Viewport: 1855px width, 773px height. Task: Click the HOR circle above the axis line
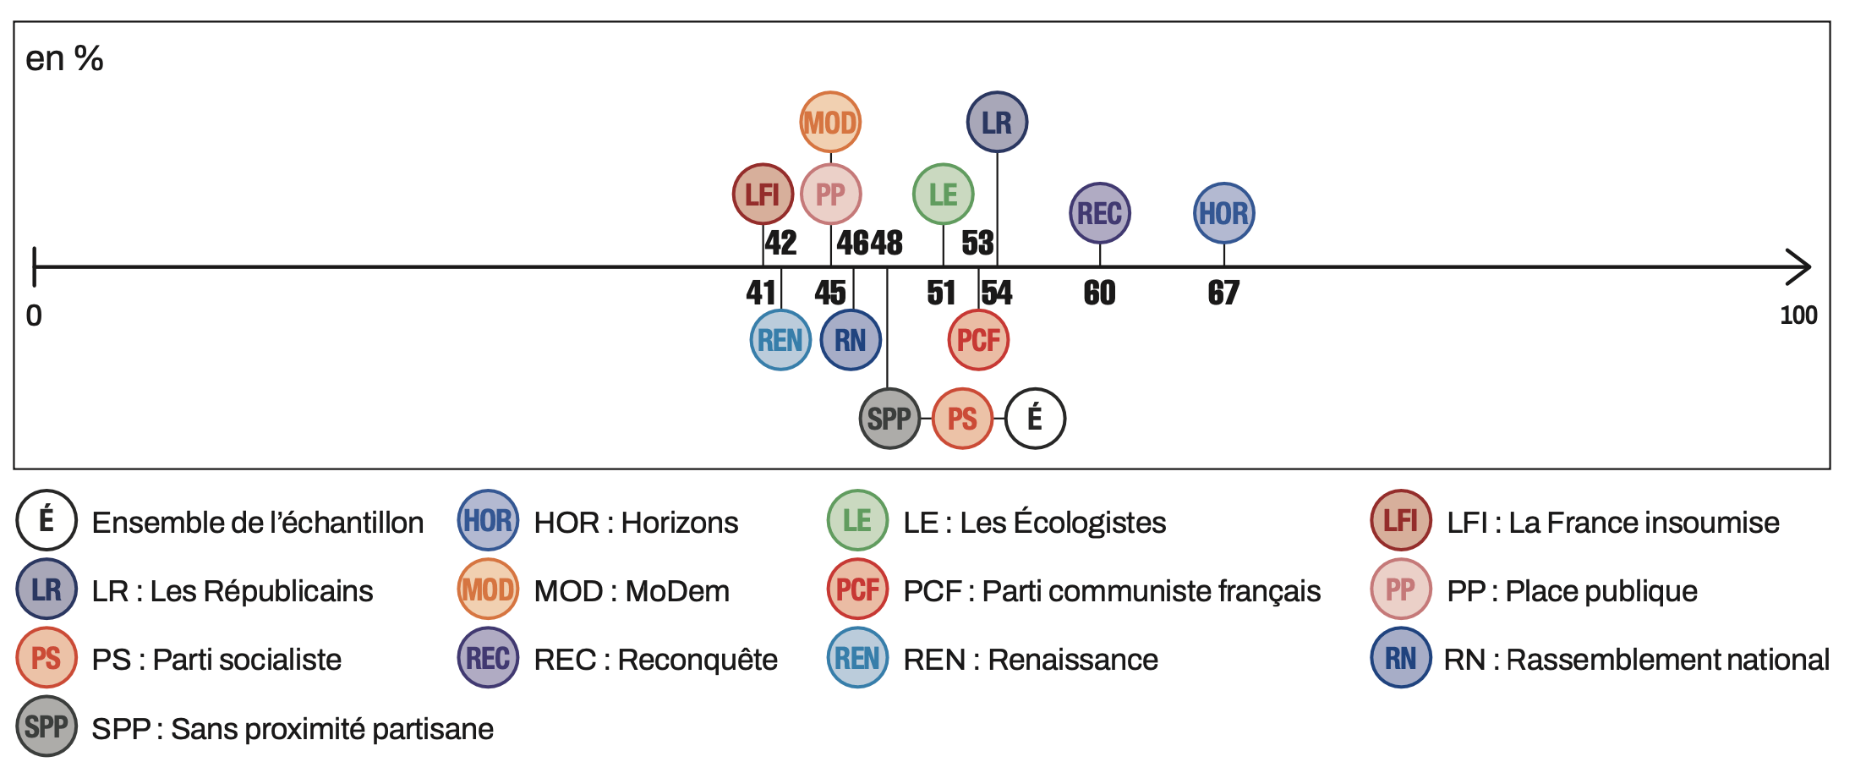[1223, 213]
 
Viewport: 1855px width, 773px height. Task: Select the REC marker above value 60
[1099, 213]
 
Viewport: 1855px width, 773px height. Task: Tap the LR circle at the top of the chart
[997, 123]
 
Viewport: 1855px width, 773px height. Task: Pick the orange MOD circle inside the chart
[830, 123]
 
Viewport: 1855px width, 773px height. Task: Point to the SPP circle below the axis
[889, 419]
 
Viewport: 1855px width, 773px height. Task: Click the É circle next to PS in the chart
[1035, 419]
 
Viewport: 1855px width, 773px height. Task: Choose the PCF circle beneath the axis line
[978, 340]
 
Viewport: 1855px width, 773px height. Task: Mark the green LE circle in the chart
[943, 195]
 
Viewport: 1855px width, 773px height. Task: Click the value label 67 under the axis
[1223, 293]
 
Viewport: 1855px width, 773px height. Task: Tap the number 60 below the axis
[1099, 293]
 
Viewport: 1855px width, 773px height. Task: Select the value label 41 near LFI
[761, 293]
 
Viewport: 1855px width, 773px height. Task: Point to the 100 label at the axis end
[1798, 315]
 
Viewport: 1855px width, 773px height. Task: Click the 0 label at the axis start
[34, 315]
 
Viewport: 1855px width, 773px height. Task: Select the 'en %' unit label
[64, 59]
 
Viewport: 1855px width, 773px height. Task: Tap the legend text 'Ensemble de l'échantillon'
[257, 523]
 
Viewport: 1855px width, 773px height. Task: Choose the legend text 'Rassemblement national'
[1667, 660]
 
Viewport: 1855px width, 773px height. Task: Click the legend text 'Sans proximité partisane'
[331, 729]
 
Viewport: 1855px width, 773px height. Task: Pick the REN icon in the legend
[857, 658]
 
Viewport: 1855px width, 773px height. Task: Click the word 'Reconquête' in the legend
[697, 660]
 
